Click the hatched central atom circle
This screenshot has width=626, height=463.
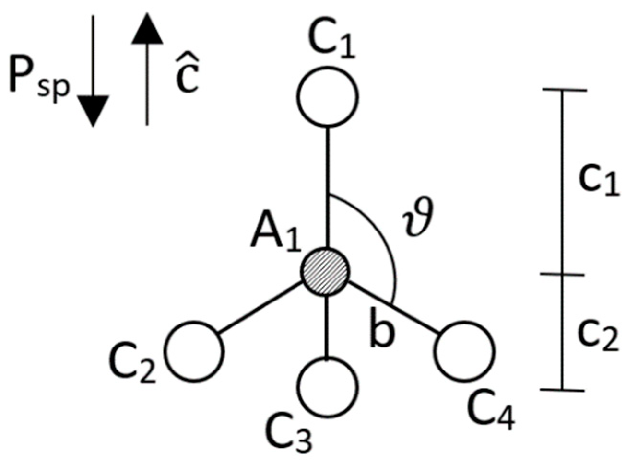click(x=325, y=271)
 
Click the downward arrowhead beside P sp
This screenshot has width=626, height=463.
click(x=93, y=110)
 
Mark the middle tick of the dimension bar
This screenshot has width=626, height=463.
click(x=562, y=274)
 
